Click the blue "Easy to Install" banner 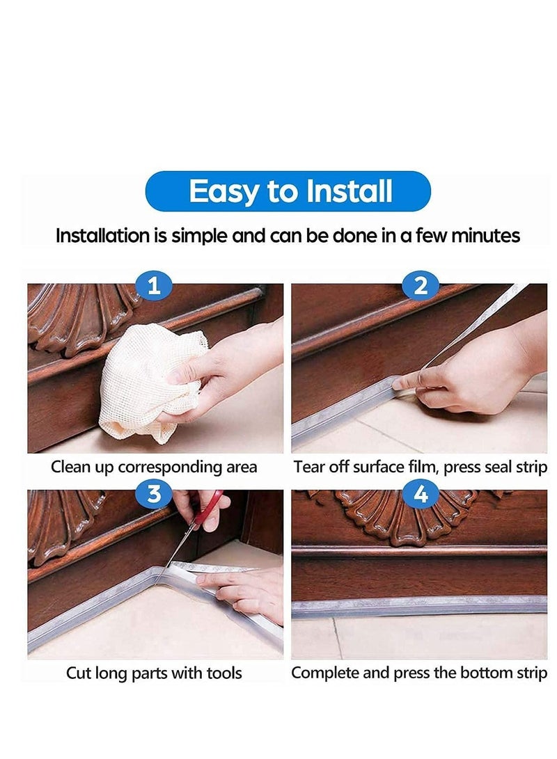288,191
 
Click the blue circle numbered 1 155,285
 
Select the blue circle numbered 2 421,285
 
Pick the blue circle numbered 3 155,493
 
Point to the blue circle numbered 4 421,493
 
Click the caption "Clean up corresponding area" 154,467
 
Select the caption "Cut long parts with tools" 154,673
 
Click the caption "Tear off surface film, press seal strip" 420,467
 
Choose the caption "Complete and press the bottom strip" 419,673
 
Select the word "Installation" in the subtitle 103,236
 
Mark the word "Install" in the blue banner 345,191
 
